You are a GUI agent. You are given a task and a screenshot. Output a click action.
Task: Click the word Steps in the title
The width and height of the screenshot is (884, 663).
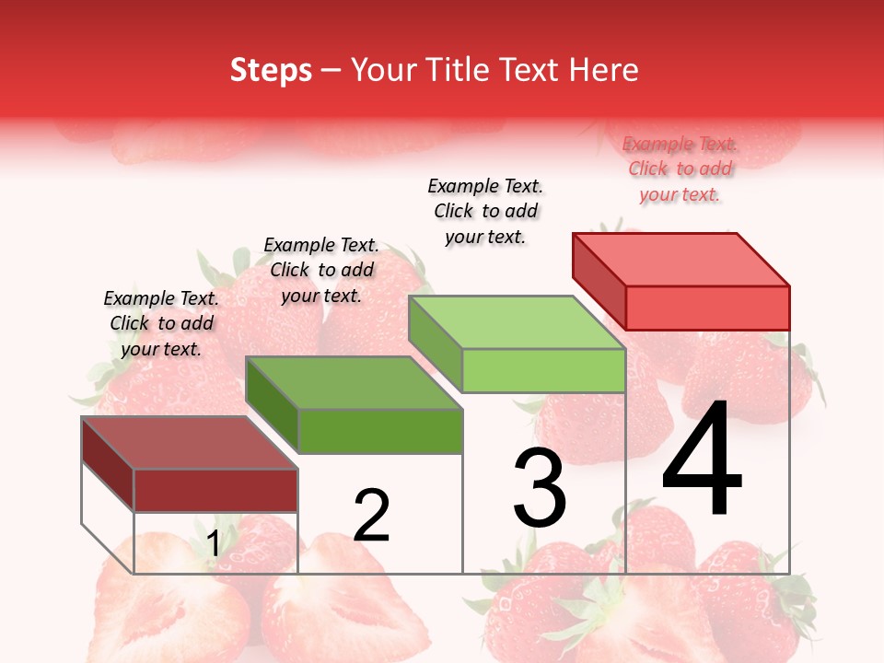coord(271,70)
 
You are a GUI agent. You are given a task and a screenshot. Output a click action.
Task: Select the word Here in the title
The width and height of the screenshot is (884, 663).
coord(603,70)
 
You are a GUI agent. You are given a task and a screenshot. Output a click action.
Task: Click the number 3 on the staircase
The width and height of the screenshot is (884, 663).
coord(540,487)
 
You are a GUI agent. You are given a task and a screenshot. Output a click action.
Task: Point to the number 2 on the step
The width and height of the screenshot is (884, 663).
coord(372,515)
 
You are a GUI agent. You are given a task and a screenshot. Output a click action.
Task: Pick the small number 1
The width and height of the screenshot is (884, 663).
coord(214,544)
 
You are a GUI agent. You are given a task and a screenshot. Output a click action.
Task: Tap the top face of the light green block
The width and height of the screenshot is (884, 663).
coord(517,323)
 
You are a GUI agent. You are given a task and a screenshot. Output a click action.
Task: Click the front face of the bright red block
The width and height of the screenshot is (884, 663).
coord(707,308)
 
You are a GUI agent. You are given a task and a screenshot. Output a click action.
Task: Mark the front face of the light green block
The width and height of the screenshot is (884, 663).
coord(543,370)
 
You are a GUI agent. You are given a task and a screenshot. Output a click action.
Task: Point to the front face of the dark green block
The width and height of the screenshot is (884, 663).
coord(379,431)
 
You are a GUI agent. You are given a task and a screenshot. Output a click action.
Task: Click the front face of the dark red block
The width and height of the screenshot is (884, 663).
coord(215,490)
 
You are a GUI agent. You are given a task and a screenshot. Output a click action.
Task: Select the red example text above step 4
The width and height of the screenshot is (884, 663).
coord(680,169)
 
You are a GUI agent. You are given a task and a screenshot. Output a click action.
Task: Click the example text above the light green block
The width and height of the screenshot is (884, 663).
coord(485,211)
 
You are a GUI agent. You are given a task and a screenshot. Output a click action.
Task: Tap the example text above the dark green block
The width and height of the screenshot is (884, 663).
coord(321,270)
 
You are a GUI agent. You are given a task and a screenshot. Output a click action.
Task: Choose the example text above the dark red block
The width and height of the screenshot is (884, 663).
coord(161,323)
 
